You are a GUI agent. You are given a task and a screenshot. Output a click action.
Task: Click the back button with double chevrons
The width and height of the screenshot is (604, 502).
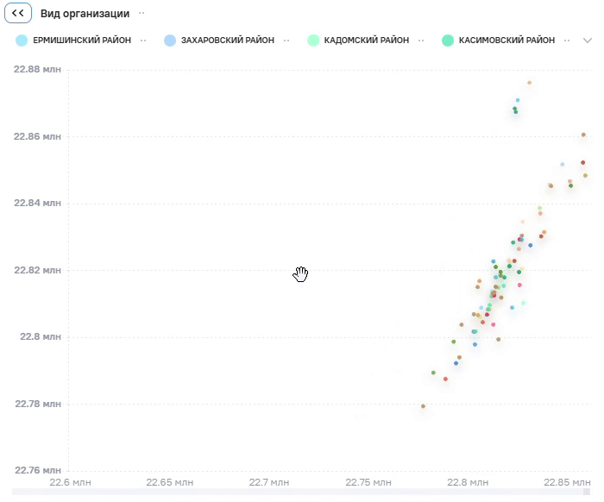click(18, 13)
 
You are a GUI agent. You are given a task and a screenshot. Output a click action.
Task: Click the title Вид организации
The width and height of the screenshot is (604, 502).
click(85, 14)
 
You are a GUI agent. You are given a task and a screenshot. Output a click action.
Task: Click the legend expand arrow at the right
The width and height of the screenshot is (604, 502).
click(587, 41)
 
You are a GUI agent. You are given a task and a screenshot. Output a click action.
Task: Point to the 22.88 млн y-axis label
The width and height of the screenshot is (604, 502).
click(37, 69)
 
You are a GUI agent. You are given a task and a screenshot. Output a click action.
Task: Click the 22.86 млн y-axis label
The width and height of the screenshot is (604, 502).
click(37, 136)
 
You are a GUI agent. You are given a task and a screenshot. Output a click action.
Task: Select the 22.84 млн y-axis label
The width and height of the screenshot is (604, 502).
click(37, 203)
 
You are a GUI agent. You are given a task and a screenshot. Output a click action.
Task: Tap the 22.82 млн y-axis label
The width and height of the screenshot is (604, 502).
click(37, 270)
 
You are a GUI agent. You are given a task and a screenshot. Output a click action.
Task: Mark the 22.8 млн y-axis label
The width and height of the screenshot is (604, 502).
click(41, 337)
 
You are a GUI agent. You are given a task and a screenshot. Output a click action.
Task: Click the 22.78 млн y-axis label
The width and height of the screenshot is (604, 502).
click(38, 404)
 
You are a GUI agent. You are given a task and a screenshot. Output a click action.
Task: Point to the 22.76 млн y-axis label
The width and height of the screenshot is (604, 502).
click(38, 470)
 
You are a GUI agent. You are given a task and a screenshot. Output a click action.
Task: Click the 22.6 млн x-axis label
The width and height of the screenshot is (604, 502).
click(70, 482)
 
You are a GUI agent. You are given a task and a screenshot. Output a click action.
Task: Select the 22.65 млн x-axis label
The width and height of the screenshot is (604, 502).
click(169, 482)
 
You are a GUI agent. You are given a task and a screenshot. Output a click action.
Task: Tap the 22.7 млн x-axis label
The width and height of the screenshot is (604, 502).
click(269, 482)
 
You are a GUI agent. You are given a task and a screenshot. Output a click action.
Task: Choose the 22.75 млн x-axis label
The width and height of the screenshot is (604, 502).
click(368, 482)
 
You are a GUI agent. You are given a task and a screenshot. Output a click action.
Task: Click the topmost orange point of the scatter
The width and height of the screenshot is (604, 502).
click(529, 83)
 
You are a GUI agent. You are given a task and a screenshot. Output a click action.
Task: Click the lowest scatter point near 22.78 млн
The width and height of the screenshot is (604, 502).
click(423, 406)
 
